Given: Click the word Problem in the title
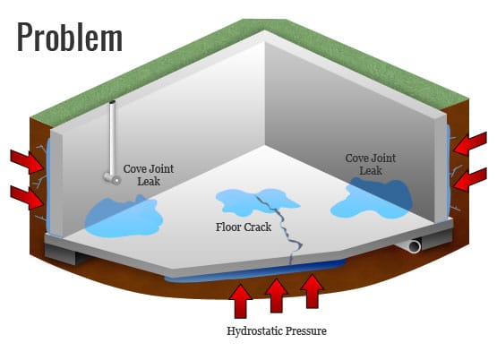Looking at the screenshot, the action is [70, 38].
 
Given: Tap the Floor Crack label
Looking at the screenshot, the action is [244, 227].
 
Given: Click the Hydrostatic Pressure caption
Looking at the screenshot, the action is [277, 331].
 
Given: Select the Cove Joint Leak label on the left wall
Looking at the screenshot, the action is [149, 175].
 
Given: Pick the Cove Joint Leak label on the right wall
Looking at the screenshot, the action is [371, 164].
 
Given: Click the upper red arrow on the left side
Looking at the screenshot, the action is [27, 161].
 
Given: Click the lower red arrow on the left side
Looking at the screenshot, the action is [27, 197].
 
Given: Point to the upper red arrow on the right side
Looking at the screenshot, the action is [470, 143].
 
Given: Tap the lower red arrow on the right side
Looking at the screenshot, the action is [470, 179].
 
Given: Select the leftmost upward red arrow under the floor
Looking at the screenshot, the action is [241, 301].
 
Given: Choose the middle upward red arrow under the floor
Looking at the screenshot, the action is [277, 296].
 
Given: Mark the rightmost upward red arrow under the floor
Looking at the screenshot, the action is [313, 291].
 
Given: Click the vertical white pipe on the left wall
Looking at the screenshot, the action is [113, 139].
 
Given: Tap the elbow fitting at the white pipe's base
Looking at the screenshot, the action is [112, 179].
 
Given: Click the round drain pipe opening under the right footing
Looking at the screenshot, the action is [415, 246].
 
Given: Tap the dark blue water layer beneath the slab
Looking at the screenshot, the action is [255, 271].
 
